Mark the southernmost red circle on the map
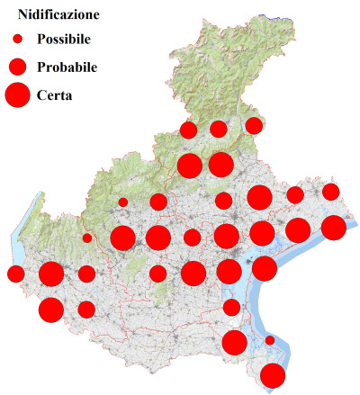pyautogui.click(x=273, y=375)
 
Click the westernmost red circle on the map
pyautogui.click(x=15, y=274)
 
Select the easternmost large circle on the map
pyautogui.click(x=333, y=228)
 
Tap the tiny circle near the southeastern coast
pyautogui.click(x=269, y=340)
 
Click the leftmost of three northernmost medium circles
pyautogui.click(x=189, y=130)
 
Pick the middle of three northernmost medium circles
pyautogui.click(x=219, y=129)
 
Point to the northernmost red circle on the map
pyautogui.click(x=254, y=125)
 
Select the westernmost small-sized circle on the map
pyautogui.click(x=87, y=238)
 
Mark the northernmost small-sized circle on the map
pyautogui.click(x=123, y=202)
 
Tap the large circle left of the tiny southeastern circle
pyautogui.click(x=235, y=342)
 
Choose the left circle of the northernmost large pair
pyautogui.click(x=190, y=166)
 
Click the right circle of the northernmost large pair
pyautogui.click(x=220, y=165)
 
